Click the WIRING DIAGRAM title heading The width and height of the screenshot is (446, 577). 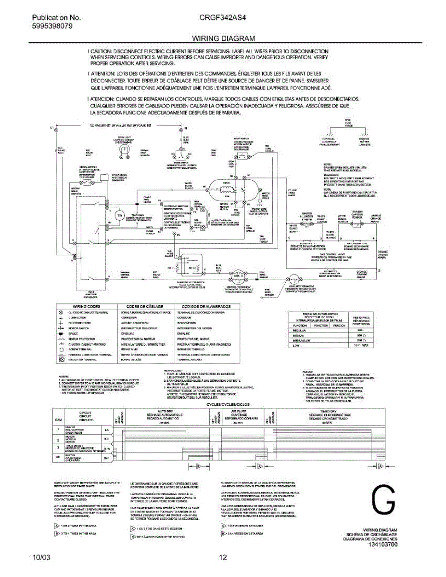click(x=223, y=38)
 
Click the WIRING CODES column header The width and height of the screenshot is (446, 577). click(x=87, y=306)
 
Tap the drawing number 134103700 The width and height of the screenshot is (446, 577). click(x=383, y=545)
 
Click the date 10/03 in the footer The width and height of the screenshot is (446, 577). click(x=39, y=558)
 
